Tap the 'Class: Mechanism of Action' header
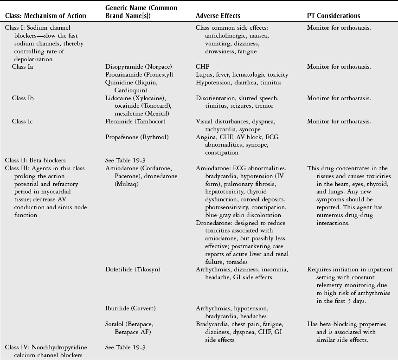45,16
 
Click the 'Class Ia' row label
23,67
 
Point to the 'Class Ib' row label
23,98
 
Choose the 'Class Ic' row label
23,122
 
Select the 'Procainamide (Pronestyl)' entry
136,75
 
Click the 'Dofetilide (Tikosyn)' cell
131,270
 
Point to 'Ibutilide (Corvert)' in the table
130,308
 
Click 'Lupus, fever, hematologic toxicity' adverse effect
242,75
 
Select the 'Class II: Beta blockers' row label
35,160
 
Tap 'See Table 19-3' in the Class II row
125,160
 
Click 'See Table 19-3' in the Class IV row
125,347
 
